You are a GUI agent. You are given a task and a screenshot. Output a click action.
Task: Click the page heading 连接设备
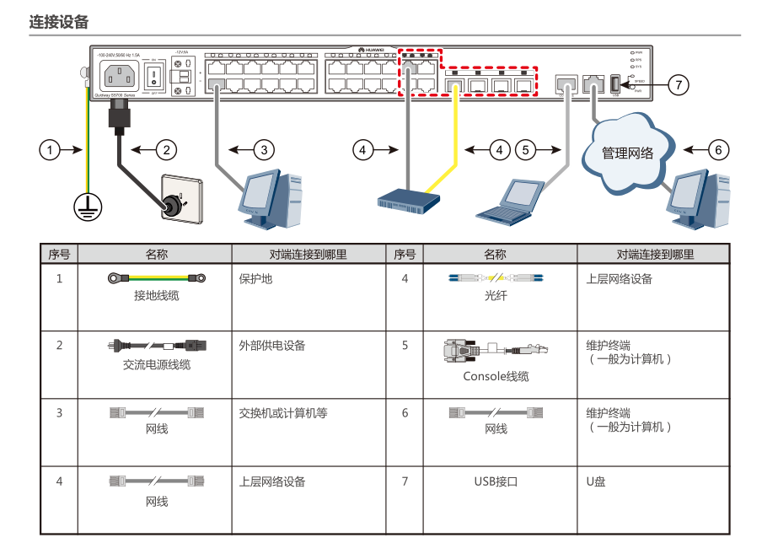[x=58, y=22]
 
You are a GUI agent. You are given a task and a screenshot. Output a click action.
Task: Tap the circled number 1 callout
[x=50, y=150]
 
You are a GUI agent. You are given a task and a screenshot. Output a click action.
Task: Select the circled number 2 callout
[x=167, y=150]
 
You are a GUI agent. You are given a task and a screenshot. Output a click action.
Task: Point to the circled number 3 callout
[x=264, y=150]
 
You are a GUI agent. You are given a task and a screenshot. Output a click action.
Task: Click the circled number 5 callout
[x=526, y=150]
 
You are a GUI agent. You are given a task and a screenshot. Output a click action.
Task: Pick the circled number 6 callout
[x=717, y=150]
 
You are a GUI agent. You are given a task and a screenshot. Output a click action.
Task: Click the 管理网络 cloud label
[x=627, y=153]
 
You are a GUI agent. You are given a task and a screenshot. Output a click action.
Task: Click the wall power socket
[x=183, y=199]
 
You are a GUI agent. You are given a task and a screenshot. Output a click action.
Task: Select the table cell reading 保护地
[x=255, y=278]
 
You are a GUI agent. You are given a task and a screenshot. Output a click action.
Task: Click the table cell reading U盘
[x=596, y=481]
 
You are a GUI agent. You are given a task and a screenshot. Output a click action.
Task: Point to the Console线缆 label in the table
[x=496, y=376]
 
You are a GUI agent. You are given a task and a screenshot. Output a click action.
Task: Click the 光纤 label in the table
[x=496, y=296]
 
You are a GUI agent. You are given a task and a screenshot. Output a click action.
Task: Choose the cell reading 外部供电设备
[x=271, y=345]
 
